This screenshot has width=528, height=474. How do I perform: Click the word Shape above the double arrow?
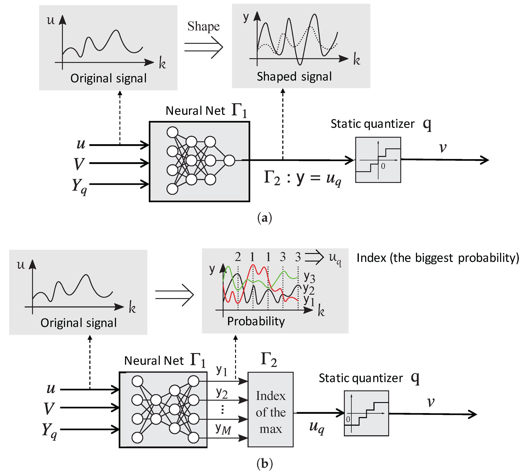click(x=203, y=26)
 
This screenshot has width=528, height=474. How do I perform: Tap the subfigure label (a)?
click(x=264, y=218)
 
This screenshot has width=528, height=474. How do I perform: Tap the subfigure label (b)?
click(x=264, y=464)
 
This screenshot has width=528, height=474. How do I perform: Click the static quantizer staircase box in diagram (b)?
click(x=366, y=413)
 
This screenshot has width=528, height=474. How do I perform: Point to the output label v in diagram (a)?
click(x=443, y=147)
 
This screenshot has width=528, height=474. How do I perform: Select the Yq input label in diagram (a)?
click(x=79, y=186)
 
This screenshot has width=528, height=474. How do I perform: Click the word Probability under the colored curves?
click(x=256, y=321)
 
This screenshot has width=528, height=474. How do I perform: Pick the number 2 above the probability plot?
click(x=238, y=257)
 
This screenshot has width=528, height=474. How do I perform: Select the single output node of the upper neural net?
click(x=229, y=160)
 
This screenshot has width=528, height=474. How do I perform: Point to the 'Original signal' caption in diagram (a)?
click(x=108, y=78)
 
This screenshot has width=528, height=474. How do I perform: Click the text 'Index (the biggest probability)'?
click(x=438, y=258)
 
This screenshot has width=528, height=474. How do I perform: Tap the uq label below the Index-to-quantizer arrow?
click(x=317, y=427)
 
